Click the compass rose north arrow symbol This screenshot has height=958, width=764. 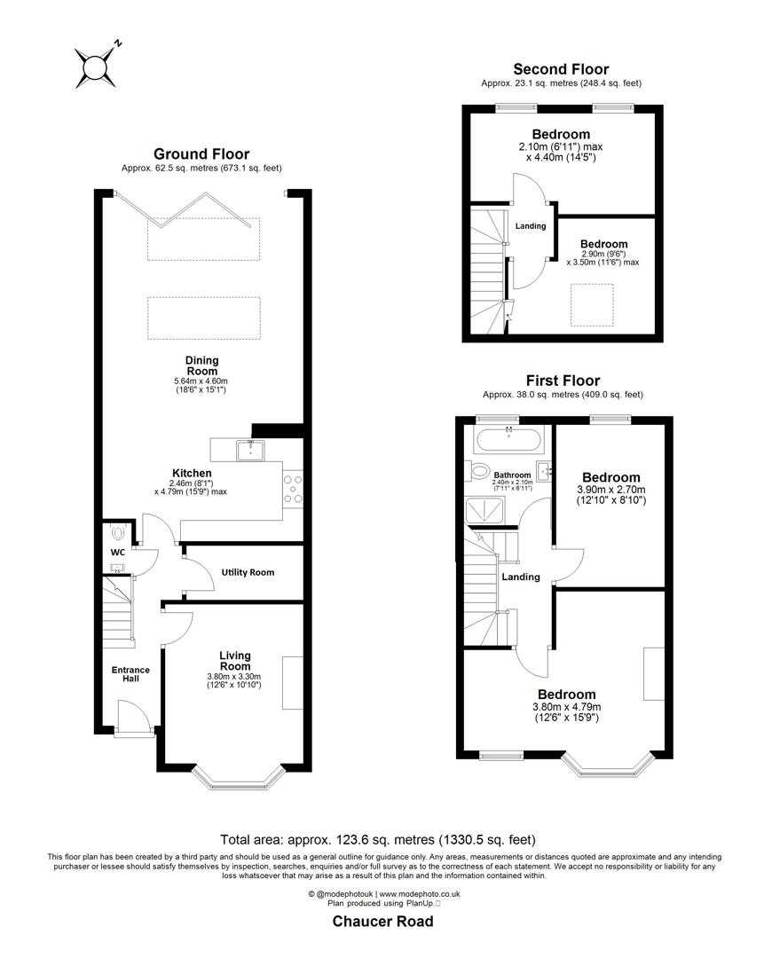click(94, 65)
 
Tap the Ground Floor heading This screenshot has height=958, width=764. click(201, 153)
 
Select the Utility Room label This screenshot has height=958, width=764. click(248, 573)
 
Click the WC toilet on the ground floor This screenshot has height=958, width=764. click(119, 535)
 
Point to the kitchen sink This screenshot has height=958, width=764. click(250, 451)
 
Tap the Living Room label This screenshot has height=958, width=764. click(235, 661)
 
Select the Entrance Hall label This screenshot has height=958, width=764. click(130, 674)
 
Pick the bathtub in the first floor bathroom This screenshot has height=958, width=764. click(508, 438)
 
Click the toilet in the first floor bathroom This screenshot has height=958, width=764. click(482, 470)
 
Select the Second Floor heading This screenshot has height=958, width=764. click(561, 69)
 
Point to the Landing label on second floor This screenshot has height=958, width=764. click(530, 226)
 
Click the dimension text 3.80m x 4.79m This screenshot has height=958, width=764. click(565, 707)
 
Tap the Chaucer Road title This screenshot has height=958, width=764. click(382, 922)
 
